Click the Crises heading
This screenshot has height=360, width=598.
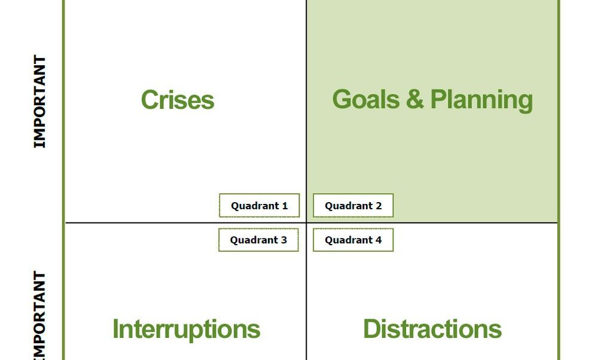tap(177, 100)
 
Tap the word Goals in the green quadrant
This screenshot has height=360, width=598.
tap(364, 99)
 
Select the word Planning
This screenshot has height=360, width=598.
tap(481, 100)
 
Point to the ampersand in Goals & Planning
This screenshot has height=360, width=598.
tap(414, 99)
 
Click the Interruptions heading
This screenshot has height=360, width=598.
tap(186, 330)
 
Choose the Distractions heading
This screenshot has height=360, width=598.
tap(432, 330)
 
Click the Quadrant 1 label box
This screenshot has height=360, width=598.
tap(259, 206)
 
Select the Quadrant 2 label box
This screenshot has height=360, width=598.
tap(353, 206)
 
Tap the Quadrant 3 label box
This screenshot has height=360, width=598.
tap(258, 240)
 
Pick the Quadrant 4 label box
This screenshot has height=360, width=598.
tap(353, 240)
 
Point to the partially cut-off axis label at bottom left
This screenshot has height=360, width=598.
tap(39, 316)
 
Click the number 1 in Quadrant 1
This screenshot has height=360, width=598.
tap(285, 206)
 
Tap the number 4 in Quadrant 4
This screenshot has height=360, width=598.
tap(378, 240)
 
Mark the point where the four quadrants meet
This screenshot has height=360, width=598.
tap(306, 223)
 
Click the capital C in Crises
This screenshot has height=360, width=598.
tap(149, 100)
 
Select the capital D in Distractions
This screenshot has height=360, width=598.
tap(372, 330)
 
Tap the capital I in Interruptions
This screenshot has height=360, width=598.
tap(116, 330)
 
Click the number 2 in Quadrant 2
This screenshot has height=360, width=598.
tap(378, 206)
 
